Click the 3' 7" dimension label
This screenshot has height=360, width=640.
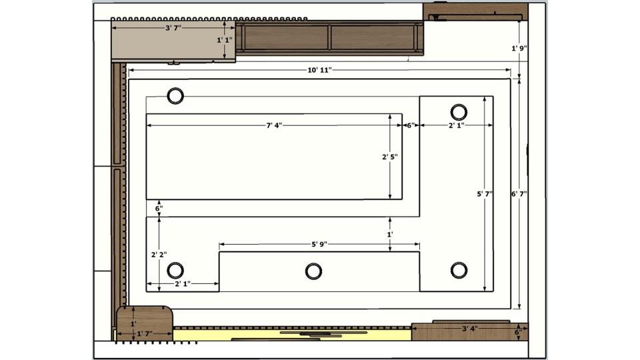point(173,28)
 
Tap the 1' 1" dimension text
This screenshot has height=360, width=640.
point(225,40)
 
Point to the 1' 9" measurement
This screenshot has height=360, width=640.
point(519,48)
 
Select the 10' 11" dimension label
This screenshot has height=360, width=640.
point(319,70)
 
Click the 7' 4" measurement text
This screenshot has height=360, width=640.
point(274,125)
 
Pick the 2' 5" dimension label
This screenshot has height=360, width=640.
point(390,157)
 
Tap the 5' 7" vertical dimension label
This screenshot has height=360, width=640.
point(485,194)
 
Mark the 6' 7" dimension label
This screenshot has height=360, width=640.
point(519,194)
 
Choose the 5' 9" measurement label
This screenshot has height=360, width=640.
point(319,245)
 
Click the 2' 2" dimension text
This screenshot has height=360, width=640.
point(159,255)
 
